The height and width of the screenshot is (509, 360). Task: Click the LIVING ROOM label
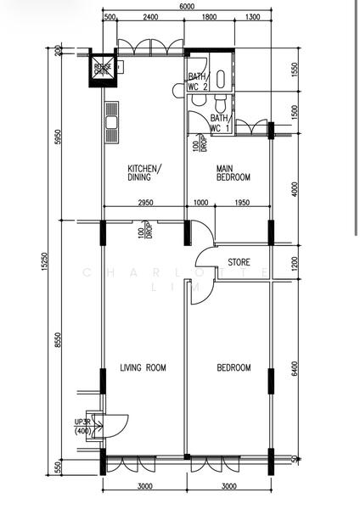tap(142, 367)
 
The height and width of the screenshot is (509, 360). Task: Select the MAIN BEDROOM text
tap(232, 173)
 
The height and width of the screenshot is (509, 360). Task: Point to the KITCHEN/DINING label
tap(144, 173)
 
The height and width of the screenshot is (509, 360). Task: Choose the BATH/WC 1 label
tap(220, 123)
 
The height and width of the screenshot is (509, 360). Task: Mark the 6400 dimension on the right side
tap(295, 370)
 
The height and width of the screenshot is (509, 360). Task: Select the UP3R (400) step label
tap(82, 427)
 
